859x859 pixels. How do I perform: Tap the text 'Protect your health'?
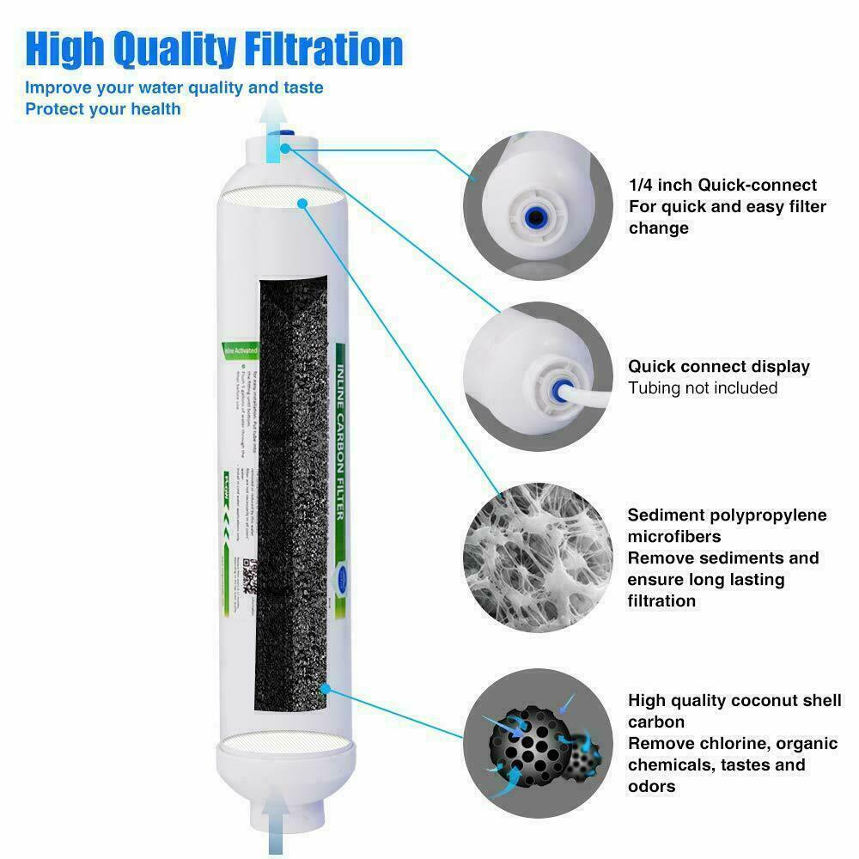coord(103,109)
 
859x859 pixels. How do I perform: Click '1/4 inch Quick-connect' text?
coord(722,185)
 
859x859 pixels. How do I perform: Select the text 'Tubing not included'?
coord(703,388)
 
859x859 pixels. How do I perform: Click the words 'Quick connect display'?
coord(718,367)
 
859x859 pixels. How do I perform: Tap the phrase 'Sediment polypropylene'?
coord(727,515)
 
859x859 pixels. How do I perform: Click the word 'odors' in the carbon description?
coord(651,787)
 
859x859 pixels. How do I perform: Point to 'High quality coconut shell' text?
coord(734,701)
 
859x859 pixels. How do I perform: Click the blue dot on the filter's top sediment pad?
coord(302,203)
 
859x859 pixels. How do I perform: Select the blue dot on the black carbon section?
coord(325,688)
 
